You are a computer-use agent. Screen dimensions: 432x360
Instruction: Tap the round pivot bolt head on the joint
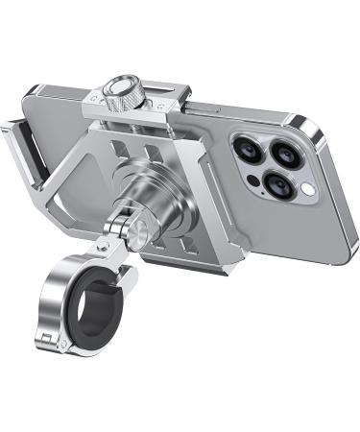[140, 228]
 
